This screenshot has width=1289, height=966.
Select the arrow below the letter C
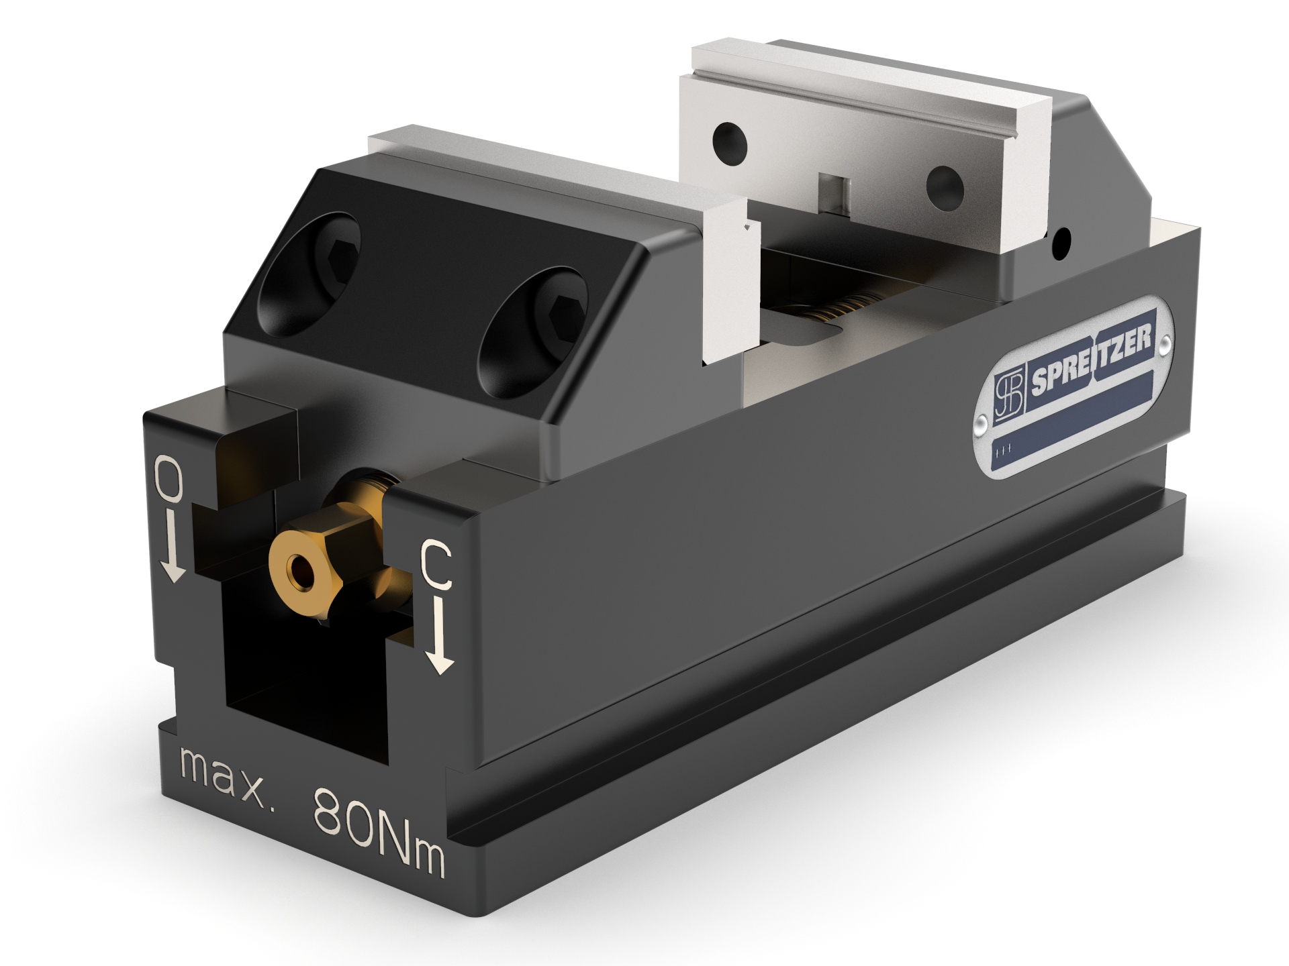[x=440, y=637]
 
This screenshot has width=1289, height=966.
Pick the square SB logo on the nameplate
[x=1008, y=396]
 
